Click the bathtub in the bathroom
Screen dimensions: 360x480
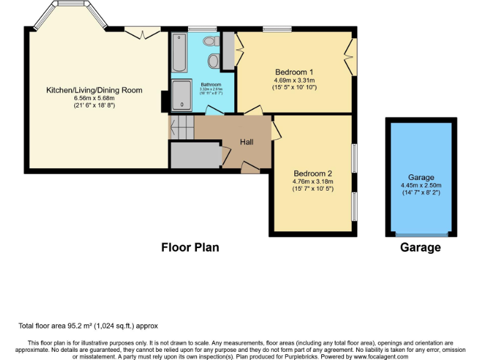tap(179, 54)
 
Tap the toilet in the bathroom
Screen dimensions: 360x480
tap(210, 41)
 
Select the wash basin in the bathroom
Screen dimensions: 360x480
tap(214, 61)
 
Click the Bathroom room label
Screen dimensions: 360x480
tap(211, 84)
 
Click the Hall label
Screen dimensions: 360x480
tap(247, 142)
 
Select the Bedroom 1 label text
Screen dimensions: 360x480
tap(294, 71)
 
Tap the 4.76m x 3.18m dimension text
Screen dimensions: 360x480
tap(312, 182)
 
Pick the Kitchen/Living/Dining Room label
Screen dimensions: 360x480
tap(94, 90)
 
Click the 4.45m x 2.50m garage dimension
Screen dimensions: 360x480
tap(421, 185)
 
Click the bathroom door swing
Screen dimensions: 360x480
tap(214, 111)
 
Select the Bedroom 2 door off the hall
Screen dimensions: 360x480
tap(275, 129)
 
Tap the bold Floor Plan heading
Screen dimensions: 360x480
tap(190, 247)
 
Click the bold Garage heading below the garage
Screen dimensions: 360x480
tap(421, 247)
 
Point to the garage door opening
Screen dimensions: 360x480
tap(421, 234)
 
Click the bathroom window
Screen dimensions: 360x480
tap(202, 29)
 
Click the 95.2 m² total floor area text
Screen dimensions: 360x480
tap(88, 326)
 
